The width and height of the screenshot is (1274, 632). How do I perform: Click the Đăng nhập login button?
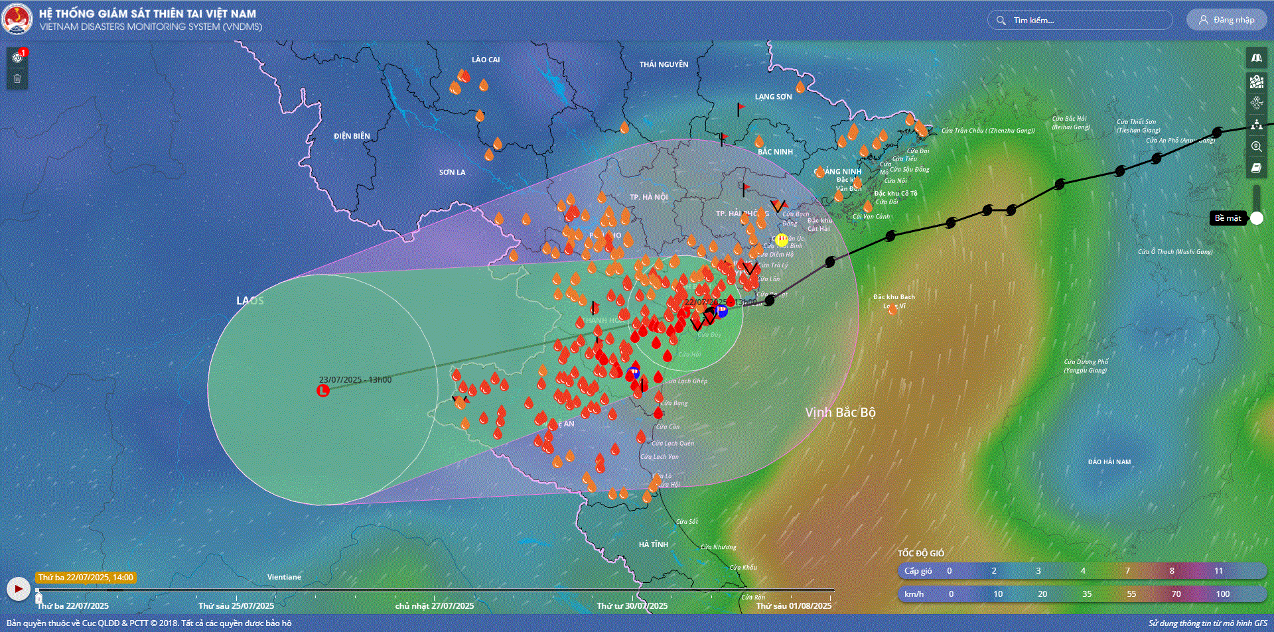click(x=1226, y=20)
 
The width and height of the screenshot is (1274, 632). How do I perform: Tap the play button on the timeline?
click(x=18, y=588)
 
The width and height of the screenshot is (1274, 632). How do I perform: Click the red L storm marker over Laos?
click(x=322, y=391)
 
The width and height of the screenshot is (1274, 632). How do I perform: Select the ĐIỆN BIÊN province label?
click(x=352, y=136)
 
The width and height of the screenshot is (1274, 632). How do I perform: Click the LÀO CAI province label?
click(x=486, y=60)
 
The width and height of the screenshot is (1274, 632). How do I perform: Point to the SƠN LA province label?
click(x=452, y=172)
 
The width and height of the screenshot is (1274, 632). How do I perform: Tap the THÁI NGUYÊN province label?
click(x=664, y=64)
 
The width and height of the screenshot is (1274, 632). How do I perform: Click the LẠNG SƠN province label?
click(x=773, y=97)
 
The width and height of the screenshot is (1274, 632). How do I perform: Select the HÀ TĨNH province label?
click(x=653, y=544)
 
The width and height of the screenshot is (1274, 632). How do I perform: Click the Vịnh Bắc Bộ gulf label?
click(x=840, y=412)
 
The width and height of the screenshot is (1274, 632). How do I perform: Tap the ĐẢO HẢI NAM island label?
click(x=1109, y=462)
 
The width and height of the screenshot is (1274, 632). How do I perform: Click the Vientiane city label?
click(x=284, y=577)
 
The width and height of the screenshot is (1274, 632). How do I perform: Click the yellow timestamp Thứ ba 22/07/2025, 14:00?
click(x=86, y=578)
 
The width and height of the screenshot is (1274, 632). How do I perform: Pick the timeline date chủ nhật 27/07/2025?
click(x=434, y=605)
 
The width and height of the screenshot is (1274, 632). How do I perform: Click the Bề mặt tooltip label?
click(x=1227, y=218)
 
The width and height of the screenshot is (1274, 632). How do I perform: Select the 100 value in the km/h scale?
click(x=1222, y=594)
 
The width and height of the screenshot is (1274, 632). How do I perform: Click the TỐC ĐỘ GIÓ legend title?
click(x=920, y=553)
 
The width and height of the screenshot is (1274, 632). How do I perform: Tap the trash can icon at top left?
click(x=17, y=79)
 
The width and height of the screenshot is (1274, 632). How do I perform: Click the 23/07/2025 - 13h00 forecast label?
click(x=355, y=380)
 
